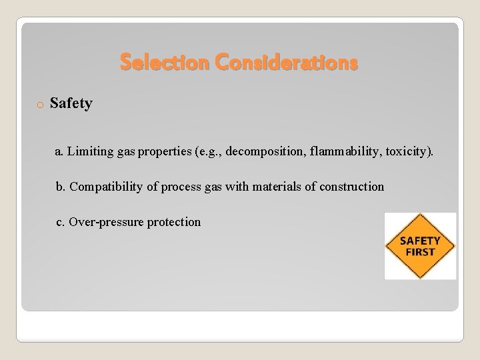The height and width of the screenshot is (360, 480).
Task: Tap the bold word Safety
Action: click(x=71, y=103)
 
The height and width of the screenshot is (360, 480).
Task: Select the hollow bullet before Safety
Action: click(x=40, y=105)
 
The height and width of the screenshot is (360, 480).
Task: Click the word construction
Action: click(x=351, y=187)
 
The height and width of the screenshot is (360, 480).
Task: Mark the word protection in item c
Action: click(x=173, y=222)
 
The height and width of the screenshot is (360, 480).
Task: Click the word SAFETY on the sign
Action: click(x=420, y=241)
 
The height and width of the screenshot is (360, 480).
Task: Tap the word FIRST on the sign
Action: click(x=420, y=252)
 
